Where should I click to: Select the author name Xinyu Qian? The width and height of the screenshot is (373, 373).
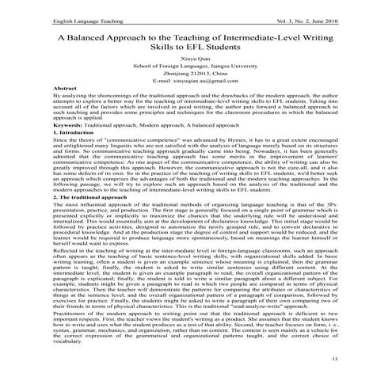click(x=186, y=71)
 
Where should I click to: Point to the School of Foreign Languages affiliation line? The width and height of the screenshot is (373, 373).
click(x=186, y=81)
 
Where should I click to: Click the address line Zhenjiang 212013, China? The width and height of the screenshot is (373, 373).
click(x=186, y=90)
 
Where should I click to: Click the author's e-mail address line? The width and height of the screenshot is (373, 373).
click(x=186, y=100)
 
